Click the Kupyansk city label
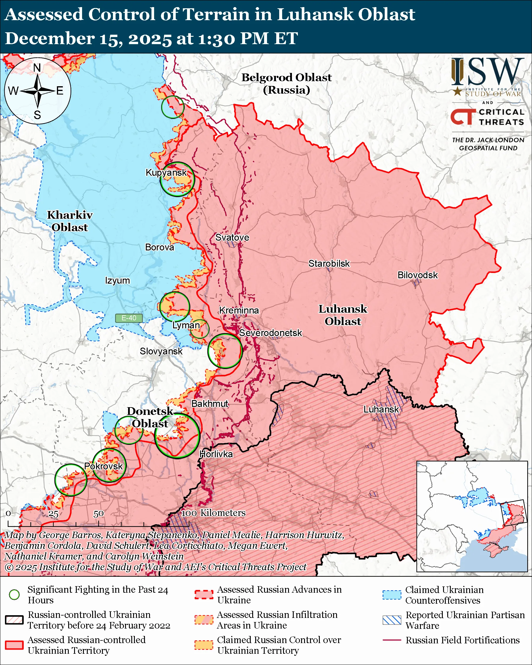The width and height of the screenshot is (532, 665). (166, 172)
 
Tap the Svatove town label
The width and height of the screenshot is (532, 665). (232, 237)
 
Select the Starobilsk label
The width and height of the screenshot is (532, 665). (329, 264)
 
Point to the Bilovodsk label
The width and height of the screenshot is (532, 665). (417, 275)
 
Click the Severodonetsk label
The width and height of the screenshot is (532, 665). (271, 333)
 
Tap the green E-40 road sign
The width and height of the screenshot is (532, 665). (129, 318)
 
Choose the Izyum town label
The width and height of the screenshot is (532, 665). (117, 281)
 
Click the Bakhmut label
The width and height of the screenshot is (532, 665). (210, 404)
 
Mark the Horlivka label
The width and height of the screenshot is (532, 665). (216, 454)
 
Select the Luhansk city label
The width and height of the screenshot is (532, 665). (381, 410)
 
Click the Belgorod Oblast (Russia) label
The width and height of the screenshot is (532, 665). (286, 84)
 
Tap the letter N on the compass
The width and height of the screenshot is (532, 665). (37, 68)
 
